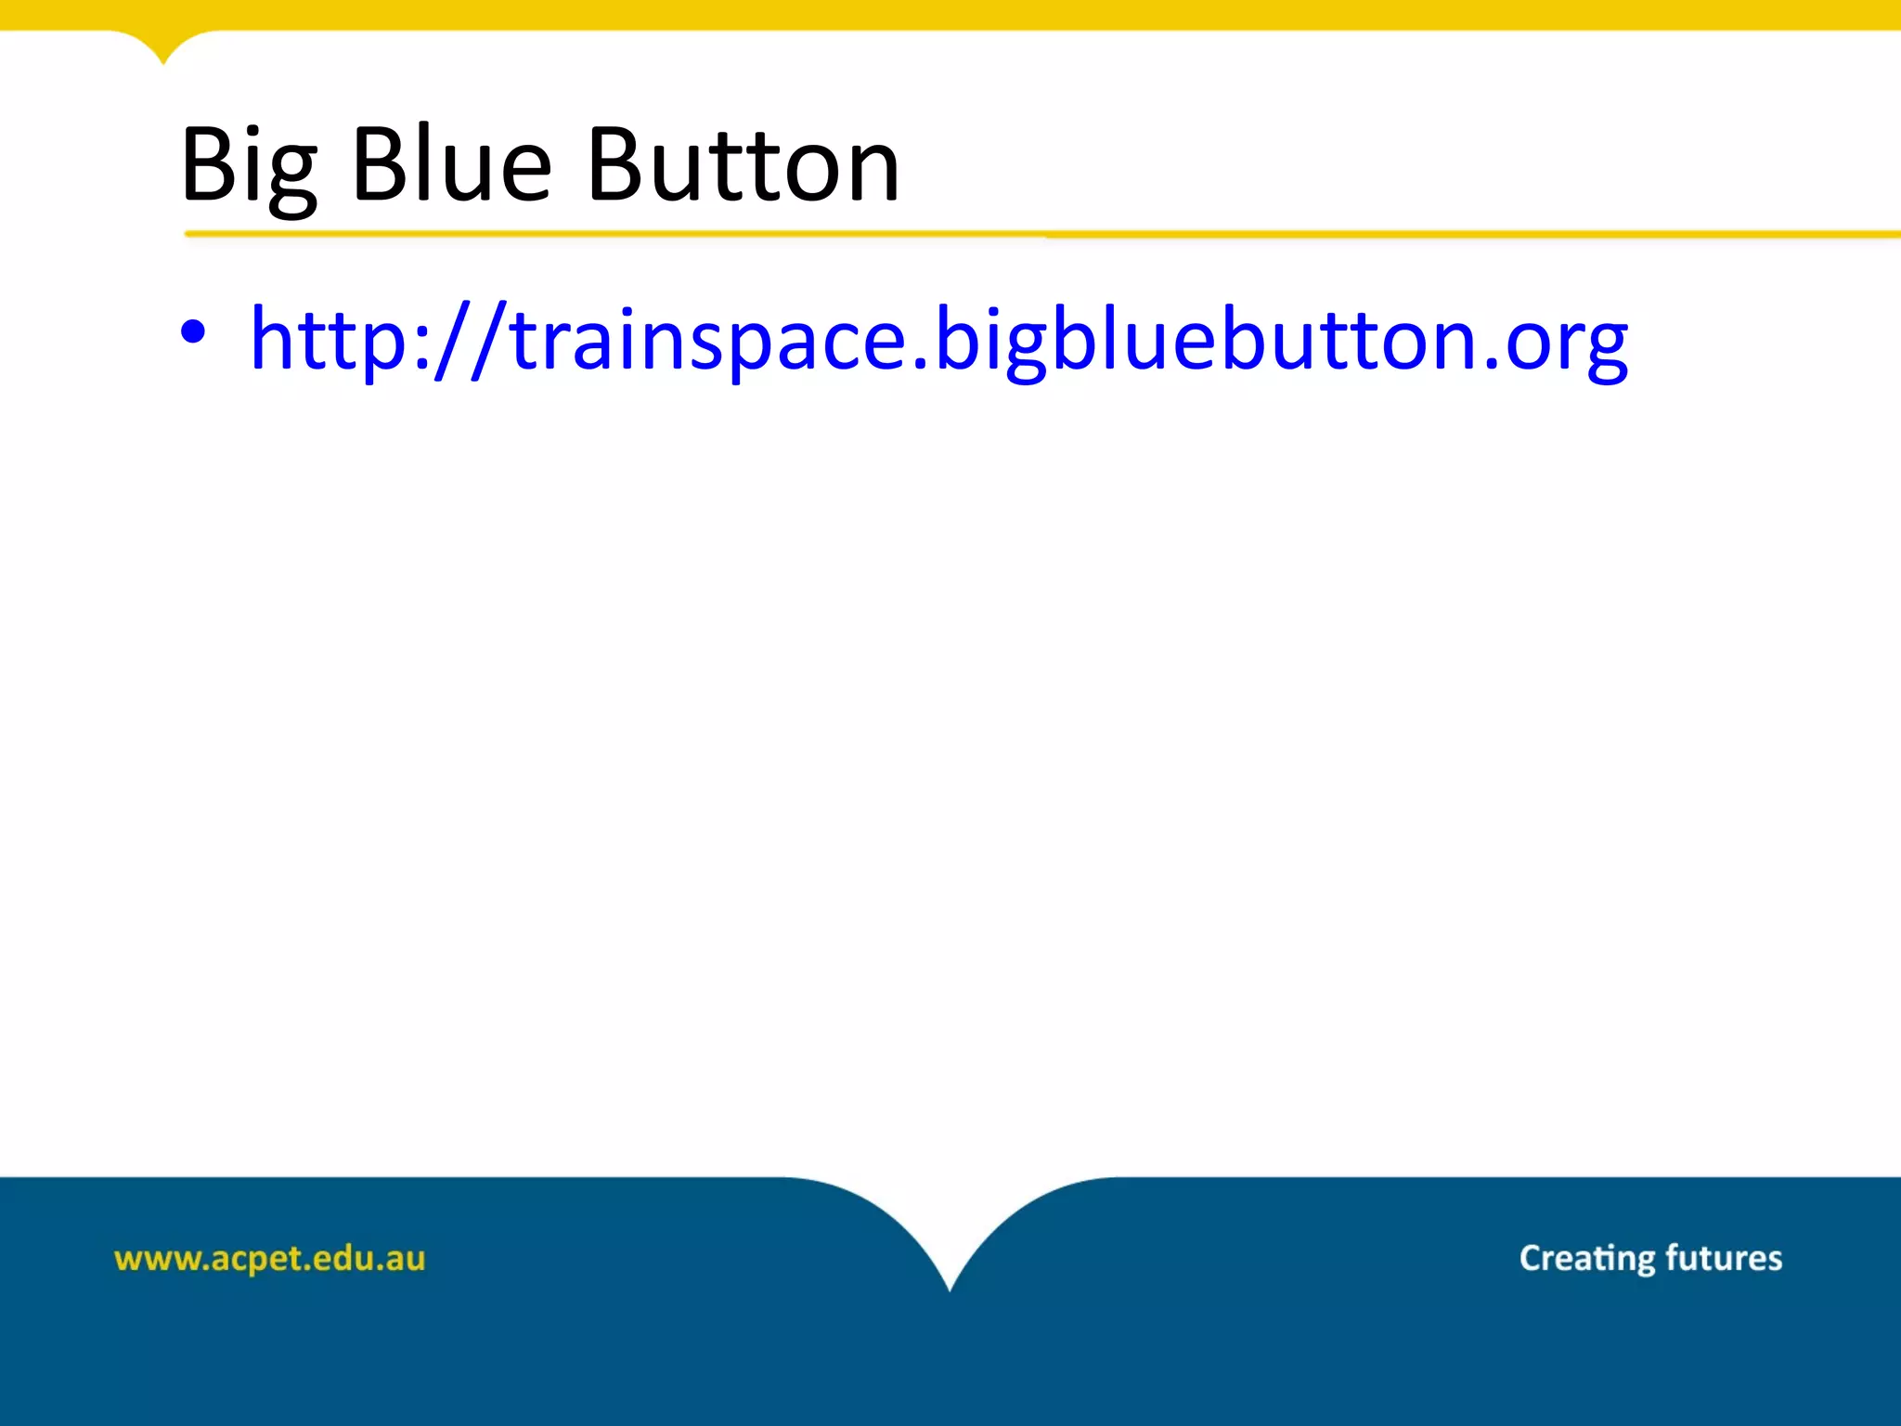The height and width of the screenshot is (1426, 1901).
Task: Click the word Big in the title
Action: pos(249,167)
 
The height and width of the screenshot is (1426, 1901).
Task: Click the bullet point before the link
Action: pos(193,332)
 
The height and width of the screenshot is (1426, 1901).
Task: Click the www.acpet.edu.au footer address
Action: pos(269,1259)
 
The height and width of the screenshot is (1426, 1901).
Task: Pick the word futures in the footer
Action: pos(1724,1258)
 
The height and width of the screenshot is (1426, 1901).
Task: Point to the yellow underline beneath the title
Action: pos(1021,234)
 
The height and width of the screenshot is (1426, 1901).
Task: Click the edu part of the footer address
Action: pos(341,1258)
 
